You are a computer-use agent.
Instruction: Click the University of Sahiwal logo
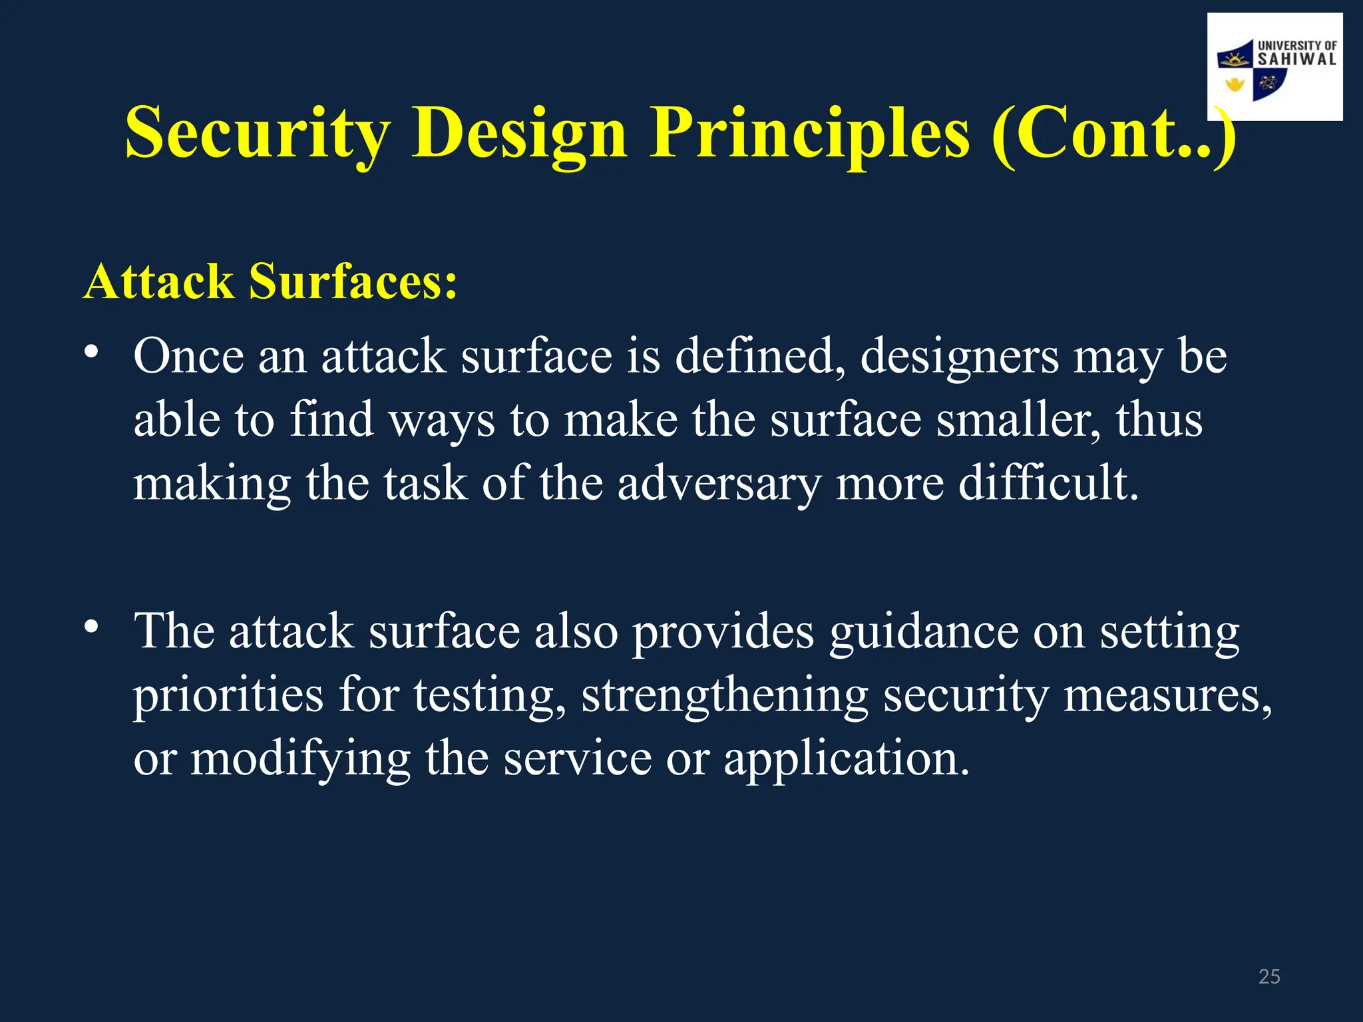click(x=1274, y=67)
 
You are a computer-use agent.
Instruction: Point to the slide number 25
click(x=1269, y=976)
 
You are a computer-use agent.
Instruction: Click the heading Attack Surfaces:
click(x=270, y=281)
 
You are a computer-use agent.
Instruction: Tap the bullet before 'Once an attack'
click(x=91, y=351)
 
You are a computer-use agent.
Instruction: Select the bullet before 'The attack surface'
click(x=91, y=626)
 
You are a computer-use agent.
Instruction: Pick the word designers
click(x=959, y=357)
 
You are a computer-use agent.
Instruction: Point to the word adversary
click(x=719, y=484)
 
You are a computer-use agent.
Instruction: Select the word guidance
click(x=923, y=632)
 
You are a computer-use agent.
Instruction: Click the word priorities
click(x=228, y=695)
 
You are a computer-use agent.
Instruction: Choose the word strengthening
click(x=724, y=695)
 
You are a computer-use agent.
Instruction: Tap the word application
click(x=846, y=759)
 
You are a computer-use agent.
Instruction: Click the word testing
click(x=488, y=695)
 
